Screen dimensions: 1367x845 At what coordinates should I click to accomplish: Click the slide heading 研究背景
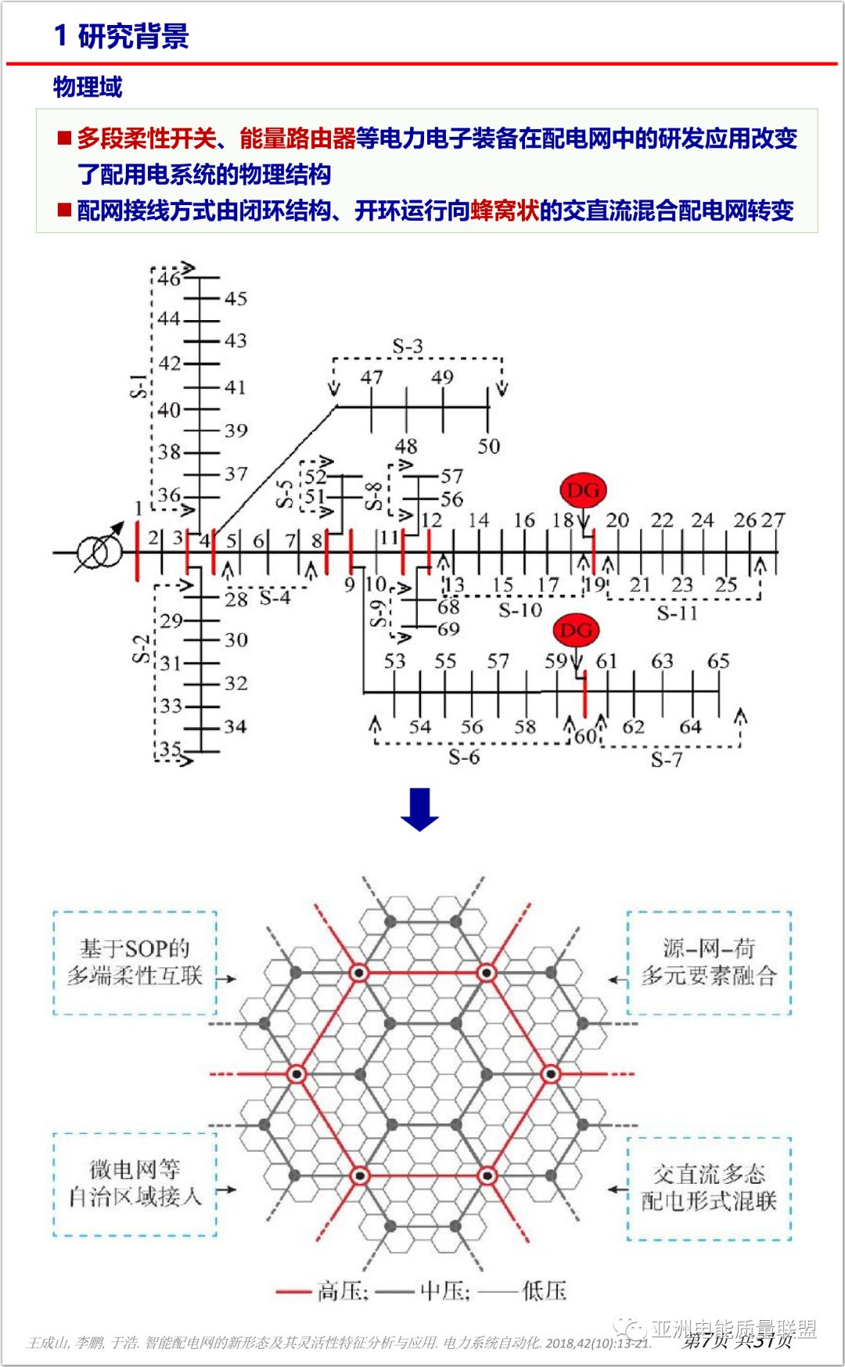pos(133,37)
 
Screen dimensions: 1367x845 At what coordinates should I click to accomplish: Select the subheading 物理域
pos(88,87)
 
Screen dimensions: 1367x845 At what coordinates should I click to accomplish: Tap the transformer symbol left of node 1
pos(99,552)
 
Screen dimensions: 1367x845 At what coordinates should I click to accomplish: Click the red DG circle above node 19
pos(583,491)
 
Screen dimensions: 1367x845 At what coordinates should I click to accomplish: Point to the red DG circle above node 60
pos(576,631)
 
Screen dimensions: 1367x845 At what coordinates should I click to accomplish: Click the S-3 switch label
pos(408,347)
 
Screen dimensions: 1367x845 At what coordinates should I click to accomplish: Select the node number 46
pos(169,278)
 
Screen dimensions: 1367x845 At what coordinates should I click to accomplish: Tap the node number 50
pos(489,447)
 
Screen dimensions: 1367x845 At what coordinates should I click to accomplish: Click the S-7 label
pos(667,759)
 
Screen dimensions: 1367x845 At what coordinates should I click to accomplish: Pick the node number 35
pos(170,750)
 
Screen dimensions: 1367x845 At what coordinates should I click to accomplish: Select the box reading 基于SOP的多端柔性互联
pos(135,962)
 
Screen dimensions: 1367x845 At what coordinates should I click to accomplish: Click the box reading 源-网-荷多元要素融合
pos(709,962)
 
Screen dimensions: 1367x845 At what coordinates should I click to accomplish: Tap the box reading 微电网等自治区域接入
pos(135,1183)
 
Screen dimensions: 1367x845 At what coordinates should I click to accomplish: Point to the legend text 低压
pos(544,1291)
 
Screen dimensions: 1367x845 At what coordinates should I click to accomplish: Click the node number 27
pos(773,520)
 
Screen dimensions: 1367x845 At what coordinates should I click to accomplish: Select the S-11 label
pos(678,613)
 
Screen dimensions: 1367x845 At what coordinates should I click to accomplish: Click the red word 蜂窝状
pos(505,210)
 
